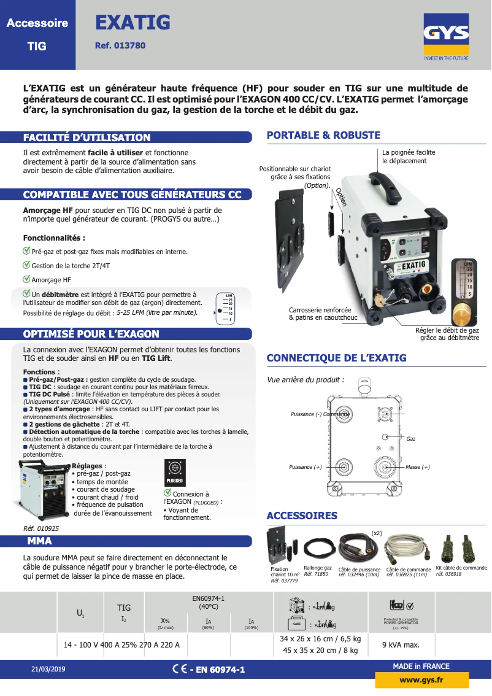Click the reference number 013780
pyautogui.click(x=120, y=45)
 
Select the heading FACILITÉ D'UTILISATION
pyautogui.click(x=86, y=137)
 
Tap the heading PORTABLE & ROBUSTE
pyautogui.click(x=323, y=135)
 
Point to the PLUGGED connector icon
pyautogui.click(x=174, y=472)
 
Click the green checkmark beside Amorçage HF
pyautogui.click(x=26, y=279)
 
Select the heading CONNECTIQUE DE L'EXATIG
pyautogui.click(x=336, y=358)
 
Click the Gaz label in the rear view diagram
pyautogui.click(x=411, y=439)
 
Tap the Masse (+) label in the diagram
pyautogui.click(x=417, y=467)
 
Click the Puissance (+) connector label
pyautogui.click(x=305, y=467)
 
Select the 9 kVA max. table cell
pyautogui.click(x=401, y=644)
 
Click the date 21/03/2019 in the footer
pyautogui.click(x=48, y=669)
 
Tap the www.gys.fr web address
pyautogui.click(x=421, y=680)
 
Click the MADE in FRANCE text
pyautogui.click(x=421, y=666)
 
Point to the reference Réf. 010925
pyautogui.click(x=41, y=528)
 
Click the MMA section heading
pyautogui.click(x=39, y=541)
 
